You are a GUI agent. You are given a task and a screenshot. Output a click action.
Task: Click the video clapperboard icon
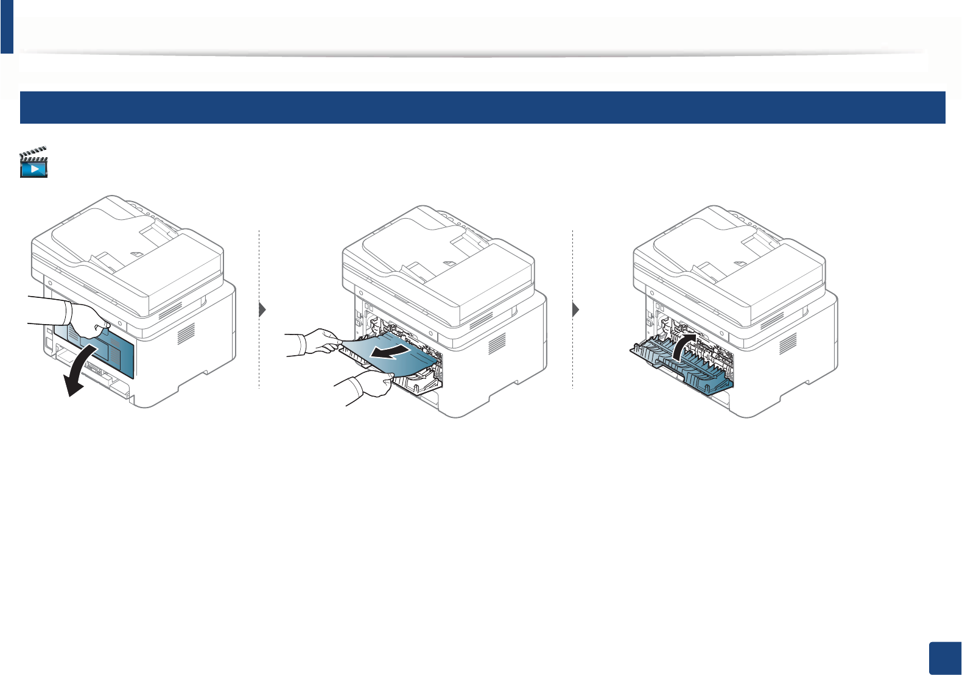[33, 163]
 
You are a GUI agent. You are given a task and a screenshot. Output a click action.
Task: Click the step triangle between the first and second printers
[262, 309]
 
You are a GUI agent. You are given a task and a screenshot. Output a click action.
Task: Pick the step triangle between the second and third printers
[576, 309]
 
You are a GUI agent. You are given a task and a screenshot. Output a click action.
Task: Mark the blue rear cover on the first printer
[116, 353]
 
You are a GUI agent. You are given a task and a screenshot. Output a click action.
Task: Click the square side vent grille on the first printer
[186, 333]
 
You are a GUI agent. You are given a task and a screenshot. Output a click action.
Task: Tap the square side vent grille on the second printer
[497, 344]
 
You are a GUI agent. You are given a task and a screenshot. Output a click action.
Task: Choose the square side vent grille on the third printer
[788, 344]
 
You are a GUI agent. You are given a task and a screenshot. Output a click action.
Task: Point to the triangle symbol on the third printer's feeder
[738, 263]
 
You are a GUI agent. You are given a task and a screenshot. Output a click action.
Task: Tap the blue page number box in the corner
[946, 658]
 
